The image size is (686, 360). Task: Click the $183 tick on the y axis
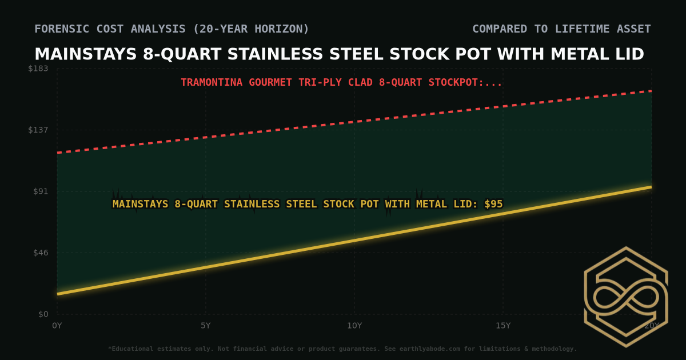39,69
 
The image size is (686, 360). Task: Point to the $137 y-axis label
39,130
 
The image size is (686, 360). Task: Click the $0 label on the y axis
43,314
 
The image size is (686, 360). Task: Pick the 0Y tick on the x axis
57,326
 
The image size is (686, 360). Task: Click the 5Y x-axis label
206,326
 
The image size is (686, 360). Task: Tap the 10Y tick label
354,326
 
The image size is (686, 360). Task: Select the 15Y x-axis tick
503,326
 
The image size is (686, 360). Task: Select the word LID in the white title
628,54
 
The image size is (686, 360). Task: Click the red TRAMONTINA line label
341,82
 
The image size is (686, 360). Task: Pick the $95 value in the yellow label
493,204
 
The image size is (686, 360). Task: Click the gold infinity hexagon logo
625,297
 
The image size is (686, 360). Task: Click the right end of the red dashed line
651,91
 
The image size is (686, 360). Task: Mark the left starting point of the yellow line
58,294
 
